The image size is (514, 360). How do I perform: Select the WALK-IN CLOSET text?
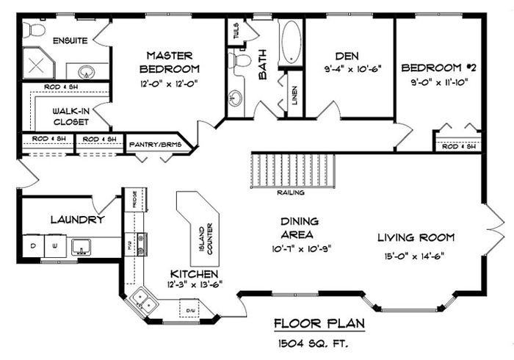pos(70,116)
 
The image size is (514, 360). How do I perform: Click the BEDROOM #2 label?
pos(438,68)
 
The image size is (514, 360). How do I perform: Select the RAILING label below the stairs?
pos(291,193)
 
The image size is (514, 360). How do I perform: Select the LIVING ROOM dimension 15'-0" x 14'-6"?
pos(416,256)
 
